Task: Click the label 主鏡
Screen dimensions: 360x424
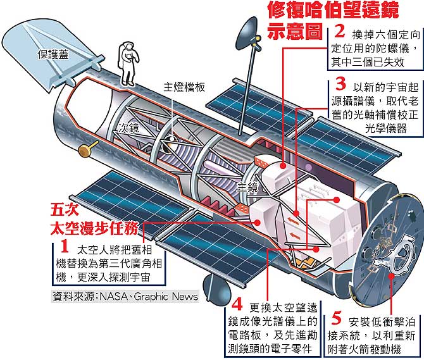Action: click(x=247, y=187)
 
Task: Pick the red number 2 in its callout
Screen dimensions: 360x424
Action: click(x=339, y=32)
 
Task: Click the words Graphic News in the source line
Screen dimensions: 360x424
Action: click(x=166, y=296)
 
